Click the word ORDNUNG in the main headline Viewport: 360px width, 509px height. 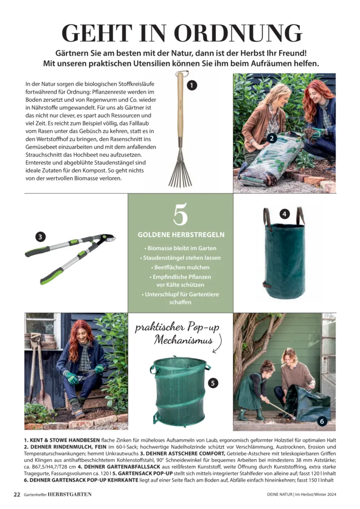click(238, 33)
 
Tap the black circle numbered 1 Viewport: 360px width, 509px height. click(192, 86)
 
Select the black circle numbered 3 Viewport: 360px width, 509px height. click(40, 237)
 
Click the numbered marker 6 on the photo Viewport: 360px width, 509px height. click(322, 421)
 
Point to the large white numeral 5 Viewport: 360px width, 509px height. click(180, 214)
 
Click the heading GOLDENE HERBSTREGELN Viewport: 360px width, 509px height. click(181, 235)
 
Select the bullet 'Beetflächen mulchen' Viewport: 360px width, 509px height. click(180, 267)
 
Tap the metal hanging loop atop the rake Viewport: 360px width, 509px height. click(182, 72)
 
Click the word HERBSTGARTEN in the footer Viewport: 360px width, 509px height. click(69, 495)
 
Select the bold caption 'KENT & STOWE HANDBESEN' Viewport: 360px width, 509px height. click(62, 440)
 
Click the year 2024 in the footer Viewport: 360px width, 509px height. click(332, 495)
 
